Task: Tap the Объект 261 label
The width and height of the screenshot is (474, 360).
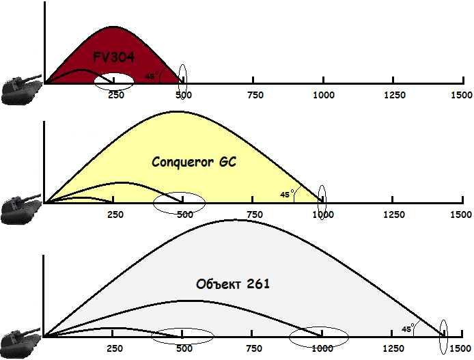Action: pos(232,283)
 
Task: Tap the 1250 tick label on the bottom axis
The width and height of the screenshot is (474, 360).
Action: pos(393,348)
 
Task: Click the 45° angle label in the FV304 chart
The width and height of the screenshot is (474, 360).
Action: pos(151,77)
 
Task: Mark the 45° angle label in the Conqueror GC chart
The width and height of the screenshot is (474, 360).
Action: pos(286,195)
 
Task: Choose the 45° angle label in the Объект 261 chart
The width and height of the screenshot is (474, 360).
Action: pos(407,329)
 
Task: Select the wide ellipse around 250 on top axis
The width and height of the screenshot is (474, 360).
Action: pos(114,82)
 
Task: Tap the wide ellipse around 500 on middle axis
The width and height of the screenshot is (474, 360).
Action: pos(179,202)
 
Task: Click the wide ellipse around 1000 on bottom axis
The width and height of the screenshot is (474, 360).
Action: pos(319,336)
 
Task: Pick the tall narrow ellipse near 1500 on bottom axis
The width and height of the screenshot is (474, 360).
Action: pos(444,337)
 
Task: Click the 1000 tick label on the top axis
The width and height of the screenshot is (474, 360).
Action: pos(322,95)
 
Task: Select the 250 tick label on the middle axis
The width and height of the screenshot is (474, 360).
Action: pos(114,214)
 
